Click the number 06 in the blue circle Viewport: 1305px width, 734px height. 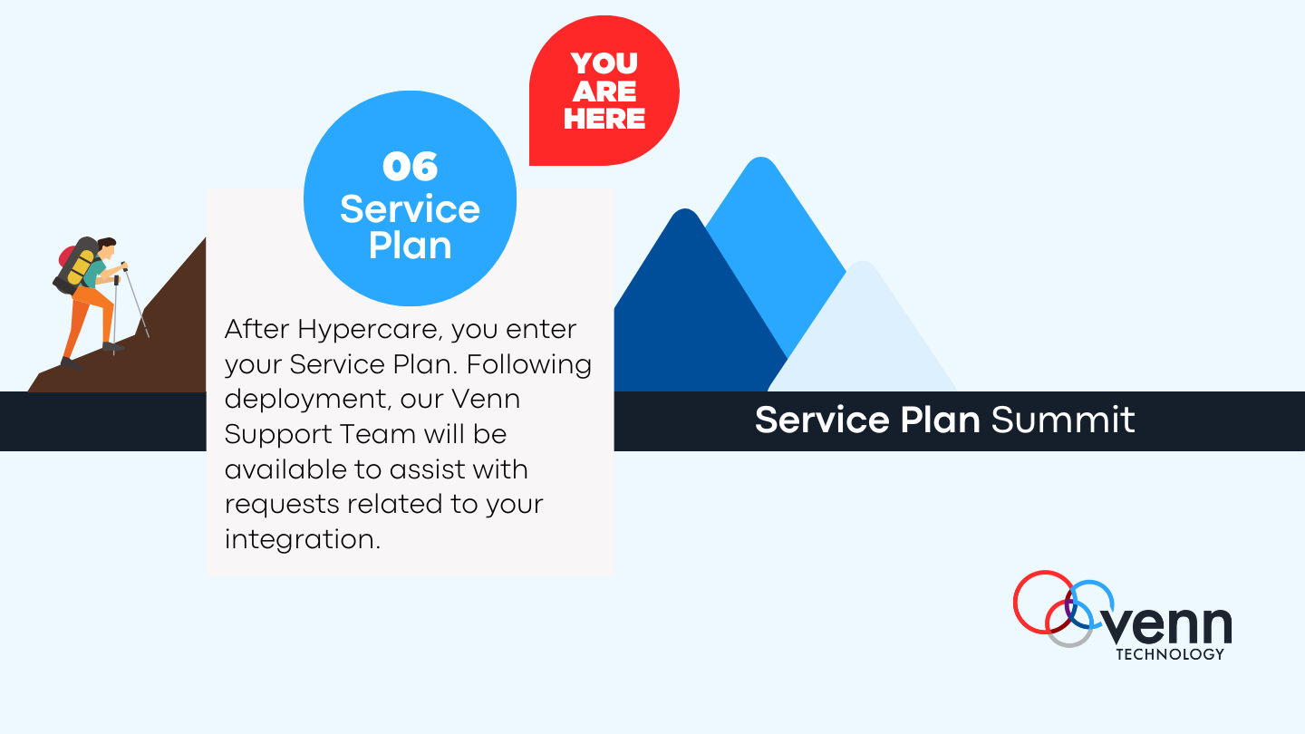point(411,167)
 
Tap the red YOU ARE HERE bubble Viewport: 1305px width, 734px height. point(604,91)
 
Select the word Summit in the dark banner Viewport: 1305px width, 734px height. point(1063,420)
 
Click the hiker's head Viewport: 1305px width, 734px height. point(107,248)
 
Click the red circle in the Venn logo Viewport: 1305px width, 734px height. point(1043,602)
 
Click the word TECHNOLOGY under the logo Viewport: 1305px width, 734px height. point(1170,654)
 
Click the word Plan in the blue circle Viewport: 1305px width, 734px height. point(411,246)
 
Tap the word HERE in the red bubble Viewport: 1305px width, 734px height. point(604,119)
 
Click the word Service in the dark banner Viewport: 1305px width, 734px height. point(822,420)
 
